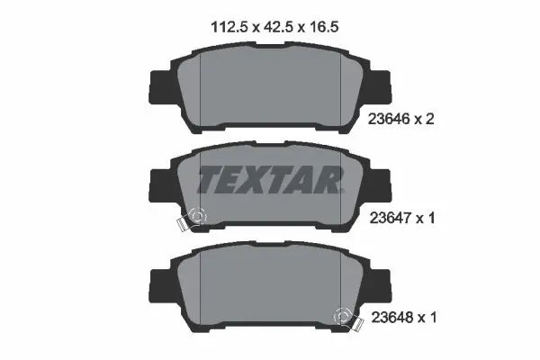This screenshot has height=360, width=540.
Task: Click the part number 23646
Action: pyautogui.click(x=389, y=119)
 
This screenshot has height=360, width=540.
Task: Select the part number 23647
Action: pyautogui.click(x=389, y=216)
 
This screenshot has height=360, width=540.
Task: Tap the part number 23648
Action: pyautogui.click(x=389, y=316)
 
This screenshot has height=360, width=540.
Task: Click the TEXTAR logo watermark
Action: pyautogui.click(x=269, y=180)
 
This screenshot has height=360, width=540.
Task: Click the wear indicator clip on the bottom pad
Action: pyautogui.click(x=343, y=317)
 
